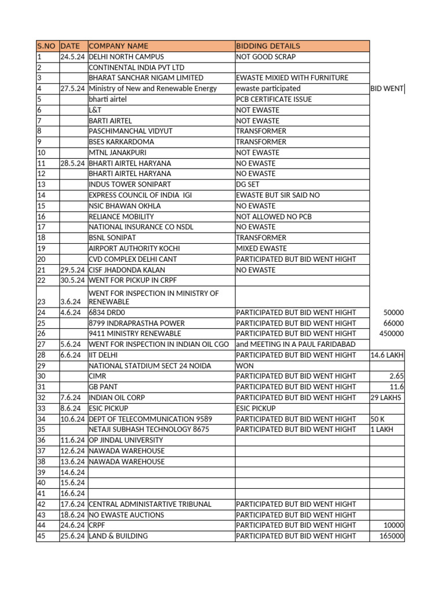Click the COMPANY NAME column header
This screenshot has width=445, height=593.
[118, 46]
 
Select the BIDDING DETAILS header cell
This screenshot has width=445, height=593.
[268, 46]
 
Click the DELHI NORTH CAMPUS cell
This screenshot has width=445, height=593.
[126, 57]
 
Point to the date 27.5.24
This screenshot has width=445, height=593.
[72, 89]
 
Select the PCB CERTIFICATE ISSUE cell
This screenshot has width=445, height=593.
[273, 99]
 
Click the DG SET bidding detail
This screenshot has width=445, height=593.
[249, 184]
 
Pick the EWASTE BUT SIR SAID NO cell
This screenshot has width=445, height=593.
[278, 195]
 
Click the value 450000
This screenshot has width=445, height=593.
[392, 334]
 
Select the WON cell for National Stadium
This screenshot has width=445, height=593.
[244, 365]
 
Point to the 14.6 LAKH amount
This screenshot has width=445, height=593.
[387, 355]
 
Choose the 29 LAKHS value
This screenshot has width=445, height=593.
[386, 398]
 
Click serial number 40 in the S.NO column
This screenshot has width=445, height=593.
[41, 483]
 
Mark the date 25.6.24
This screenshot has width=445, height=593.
[72, 536]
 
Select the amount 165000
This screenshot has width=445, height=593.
[392, 536]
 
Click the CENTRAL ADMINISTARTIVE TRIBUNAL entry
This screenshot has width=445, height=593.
[150, 504]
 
